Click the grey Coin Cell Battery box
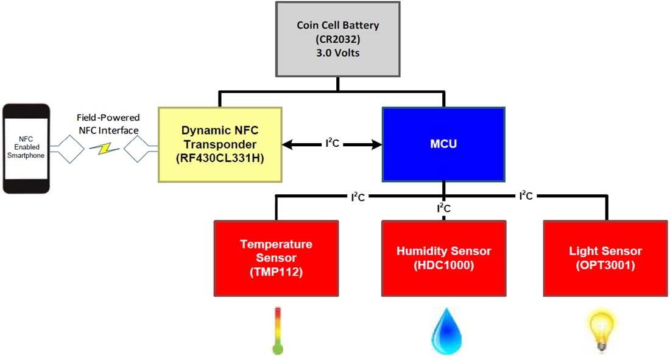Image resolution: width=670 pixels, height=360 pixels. (x=337, y=40)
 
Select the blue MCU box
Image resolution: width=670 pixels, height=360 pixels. (x=443, y=144)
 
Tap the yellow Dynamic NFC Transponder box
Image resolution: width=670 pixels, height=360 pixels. (x=220, y=144)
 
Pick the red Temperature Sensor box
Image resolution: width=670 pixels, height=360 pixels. (x=276, y=258)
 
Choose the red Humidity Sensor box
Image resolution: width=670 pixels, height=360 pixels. (x=443, y=258)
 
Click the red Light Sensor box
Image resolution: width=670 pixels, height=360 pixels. (x=605, y=258)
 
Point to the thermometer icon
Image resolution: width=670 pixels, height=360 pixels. (x=278, y=331)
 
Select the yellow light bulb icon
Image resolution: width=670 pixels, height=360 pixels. (x=602, y=330)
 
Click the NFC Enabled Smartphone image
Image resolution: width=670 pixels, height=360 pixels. (x=26, y=148)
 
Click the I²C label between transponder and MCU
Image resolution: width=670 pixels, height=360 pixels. (x=331, y=145)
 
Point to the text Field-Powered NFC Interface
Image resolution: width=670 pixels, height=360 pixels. (x=108, y=124)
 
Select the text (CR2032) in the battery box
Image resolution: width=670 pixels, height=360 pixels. (x=337, y=39)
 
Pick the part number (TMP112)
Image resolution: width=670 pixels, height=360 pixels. (x=276, y=272)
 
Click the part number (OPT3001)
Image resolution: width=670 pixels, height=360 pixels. (x=605, y=266)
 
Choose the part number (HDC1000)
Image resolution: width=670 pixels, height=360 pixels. (x=443, y=266)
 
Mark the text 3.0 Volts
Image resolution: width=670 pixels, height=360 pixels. (x=337, y=52)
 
